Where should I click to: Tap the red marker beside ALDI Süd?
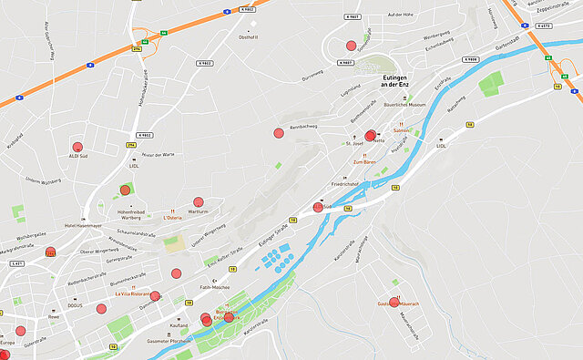(78, 146)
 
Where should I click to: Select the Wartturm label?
(198, 211)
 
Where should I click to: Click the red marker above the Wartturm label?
(199, 201)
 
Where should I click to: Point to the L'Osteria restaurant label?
(173, 219)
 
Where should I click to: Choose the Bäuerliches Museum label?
(404, 105)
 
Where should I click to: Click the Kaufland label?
(179, 325)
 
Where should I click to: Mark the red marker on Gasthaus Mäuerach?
(394, 301)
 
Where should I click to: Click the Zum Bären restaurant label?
(364, 162)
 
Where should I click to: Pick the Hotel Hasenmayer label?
(83, 225)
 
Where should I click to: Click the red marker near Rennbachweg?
(279, 133)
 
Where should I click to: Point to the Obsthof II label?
(248, 37)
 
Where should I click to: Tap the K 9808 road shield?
(470, 59)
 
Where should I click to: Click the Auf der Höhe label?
(401, 15)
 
